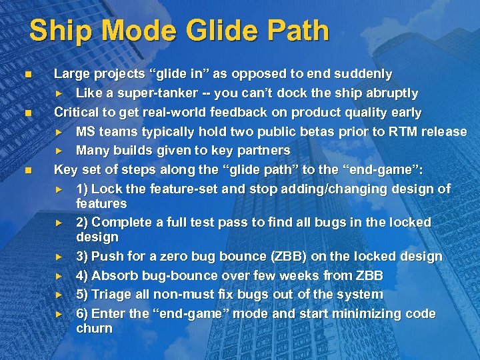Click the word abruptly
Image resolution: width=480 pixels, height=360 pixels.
coord(390,93)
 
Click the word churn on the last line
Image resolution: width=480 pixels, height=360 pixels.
coord(94,329)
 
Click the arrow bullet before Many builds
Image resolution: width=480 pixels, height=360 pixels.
coord(58,151)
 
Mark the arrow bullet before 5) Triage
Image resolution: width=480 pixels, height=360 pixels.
coord(58,295)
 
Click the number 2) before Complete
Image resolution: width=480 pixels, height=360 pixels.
coord(82,222)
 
